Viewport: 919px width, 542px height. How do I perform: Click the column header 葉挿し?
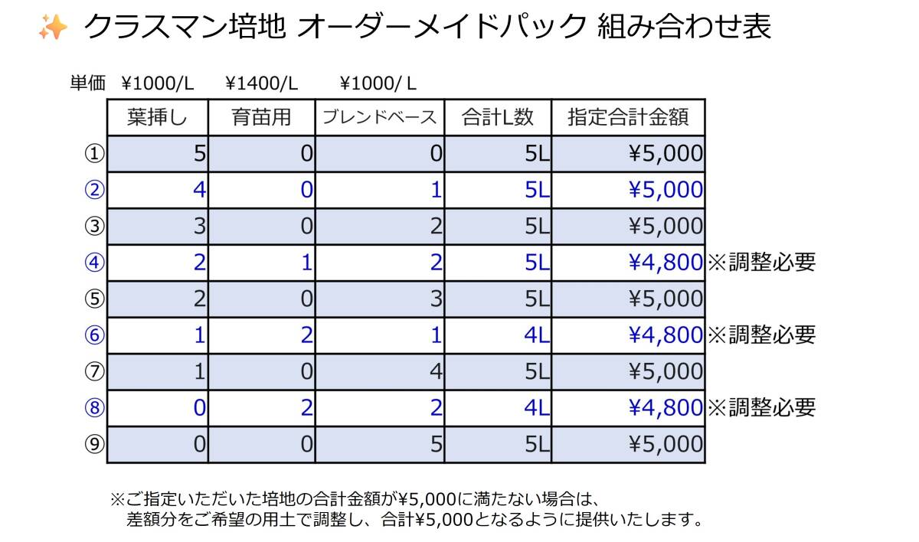pyautogui.click(x=157, y=117)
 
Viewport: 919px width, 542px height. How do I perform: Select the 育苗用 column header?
pyautogui.click(x=261, y=117)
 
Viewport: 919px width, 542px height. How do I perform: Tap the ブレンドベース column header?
pyautogui.click(x=379, y=117)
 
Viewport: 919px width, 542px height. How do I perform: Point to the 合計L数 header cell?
pyautogui.click(x=498, y=117)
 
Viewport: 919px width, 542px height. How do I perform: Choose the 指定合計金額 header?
pyautogui.click(x=628, y=117)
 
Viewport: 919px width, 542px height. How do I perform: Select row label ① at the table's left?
pyautogui.click(x=93, y=154)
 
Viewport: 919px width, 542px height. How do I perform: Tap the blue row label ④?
pyautogui.click(x=93, y=263)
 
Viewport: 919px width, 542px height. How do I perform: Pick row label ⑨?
pyautogui.click(x=93, y=445)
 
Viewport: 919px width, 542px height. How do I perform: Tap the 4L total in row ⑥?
pyautogui.click(x=537, y=335)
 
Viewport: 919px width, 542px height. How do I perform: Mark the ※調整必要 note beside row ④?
pyautogui.click(x=761, y=263)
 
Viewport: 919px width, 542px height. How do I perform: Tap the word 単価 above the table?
pyautogui.click(x=87, y=83)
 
